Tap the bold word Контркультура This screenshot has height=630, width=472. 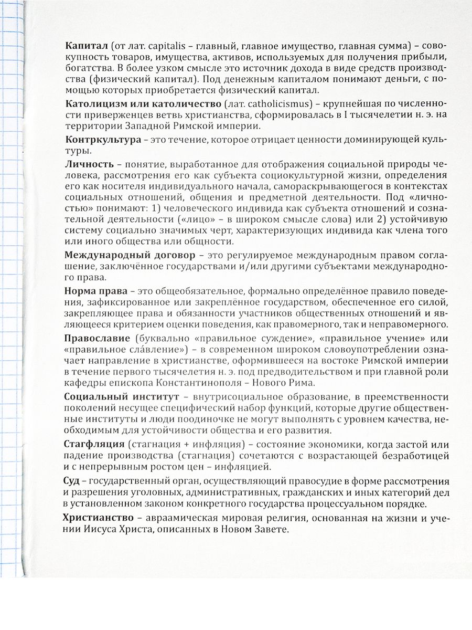(x=103, y=140)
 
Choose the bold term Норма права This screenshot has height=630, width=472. (x=96, y=291)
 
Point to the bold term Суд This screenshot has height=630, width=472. (x=73, y=481)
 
